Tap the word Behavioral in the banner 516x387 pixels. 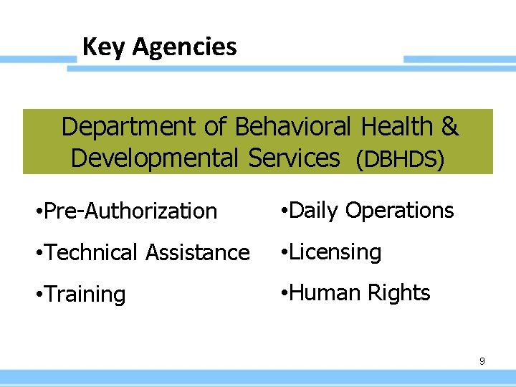coord(292,127)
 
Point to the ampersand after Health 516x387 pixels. coord(449,127)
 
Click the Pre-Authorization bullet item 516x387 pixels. coord(130,211)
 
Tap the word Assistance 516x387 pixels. coord(197,252)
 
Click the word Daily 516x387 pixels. coord(313,211)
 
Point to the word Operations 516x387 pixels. coord(399,211)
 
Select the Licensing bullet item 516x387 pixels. coord(334,252)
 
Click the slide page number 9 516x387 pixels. coord(482,361)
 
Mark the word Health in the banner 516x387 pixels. coord(396,127)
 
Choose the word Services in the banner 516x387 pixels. coord(294,158)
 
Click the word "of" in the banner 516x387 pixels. coord(216,127)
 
